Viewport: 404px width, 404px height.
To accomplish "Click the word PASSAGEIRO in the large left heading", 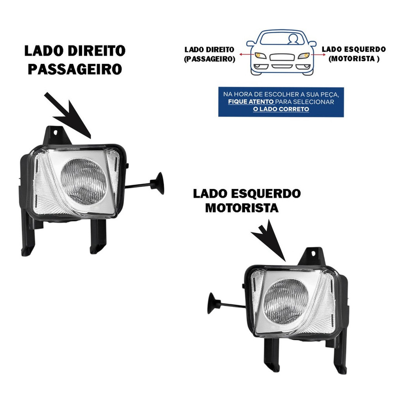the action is point(75,69).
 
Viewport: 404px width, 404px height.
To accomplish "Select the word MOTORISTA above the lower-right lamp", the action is point(242,208).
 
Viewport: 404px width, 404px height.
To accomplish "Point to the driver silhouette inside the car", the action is point(293,39).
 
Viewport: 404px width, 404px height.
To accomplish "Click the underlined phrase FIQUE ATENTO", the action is point(251,102).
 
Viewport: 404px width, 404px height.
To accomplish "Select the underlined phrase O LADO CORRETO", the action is point(281,109).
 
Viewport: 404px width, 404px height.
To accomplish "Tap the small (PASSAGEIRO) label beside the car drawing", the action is point(209,59).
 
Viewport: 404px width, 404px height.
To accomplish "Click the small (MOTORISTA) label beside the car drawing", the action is point(354,59).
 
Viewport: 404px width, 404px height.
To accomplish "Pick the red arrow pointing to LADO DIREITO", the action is point(247,54).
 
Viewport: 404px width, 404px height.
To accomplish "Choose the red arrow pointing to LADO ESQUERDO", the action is point(318,54).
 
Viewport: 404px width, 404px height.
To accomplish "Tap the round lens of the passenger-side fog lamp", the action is point(84,182).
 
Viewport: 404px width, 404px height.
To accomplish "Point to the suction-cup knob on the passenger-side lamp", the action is point(158,183).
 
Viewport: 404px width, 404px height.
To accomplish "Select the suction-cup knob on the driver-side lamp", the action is point(213,303).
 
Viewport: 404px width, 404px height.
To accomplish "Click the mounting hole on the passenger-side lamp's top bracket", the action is point(55,133).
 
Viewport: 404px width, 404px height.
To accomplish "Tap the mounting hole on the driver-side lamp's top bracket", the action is point(313,254).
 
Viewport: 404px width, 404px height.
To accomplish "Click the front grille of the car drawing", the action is point(282,57).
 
